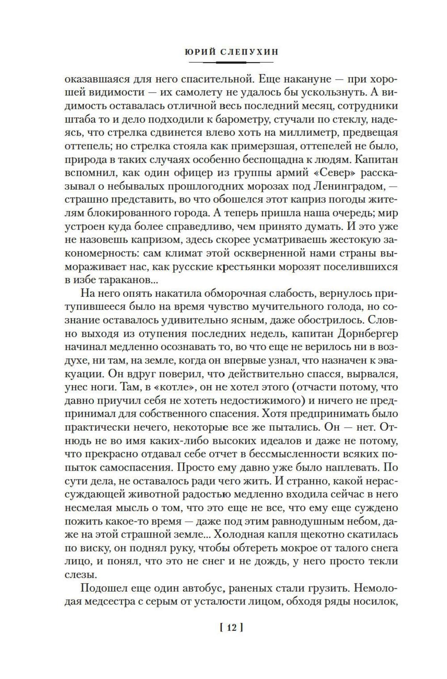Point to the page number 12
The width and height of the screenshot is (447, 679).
[231, 627]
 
